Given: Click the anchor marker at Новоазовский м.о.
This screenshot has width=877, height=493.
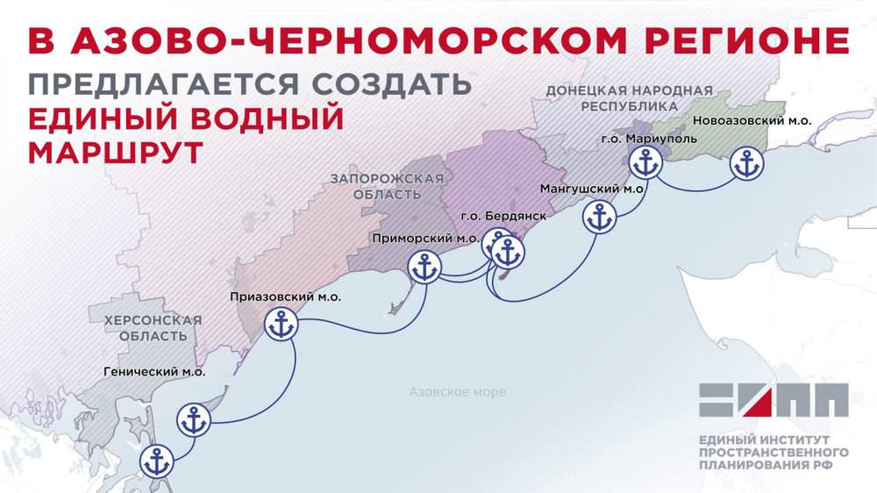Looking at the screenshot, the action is pos(747,164).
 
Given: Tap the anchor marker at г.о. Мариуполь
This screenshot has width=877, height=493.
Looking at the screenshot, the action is pos(645,162).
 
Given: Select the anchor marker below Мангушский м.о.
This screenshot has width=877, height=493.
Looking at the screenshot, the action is pos(600,218).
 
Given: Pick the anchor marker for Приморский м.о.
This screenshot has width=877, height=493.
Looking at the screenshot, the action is pos(424,268).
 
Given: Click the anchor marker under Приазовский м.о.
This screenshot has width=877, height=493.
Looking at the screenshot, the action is pos(282,325).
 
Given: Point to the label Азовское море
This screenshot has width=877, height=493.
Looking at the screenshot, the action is pos(457,392).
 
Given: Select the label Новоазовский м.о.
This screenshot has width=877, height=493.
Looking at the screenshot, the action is pos(752,120).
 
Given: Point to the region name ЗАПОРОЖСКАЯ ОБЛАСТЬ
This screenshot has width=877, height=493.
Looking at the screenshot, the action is pos(387,186).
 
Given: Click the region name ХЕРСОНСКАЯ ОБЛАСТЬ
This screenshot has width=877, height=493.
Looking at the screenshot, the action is pos(153,328).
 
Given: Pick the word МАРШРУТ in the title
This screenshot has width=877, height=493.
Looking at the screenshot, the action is pos(113,152).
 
